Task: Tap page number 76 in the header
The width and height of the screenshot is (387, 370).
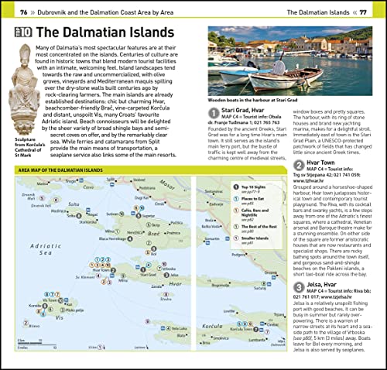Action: pos(23,12)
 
